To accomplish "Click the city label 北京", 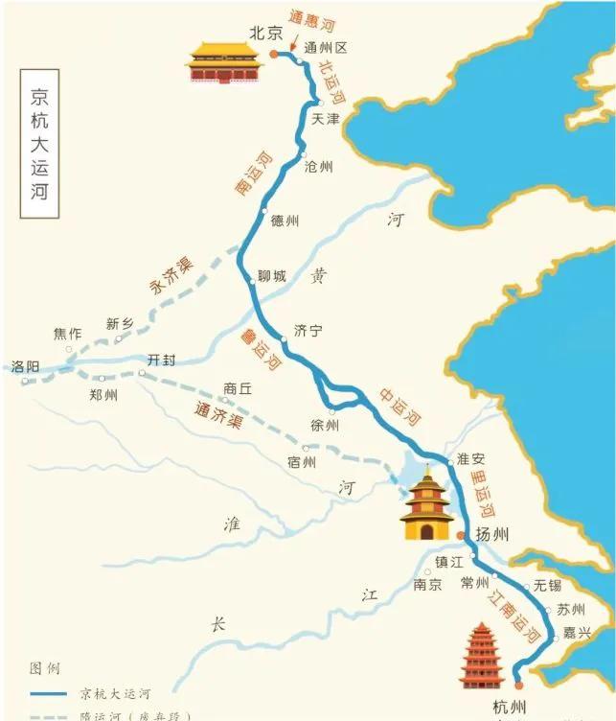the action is pyautogui.click(x=266, y=33).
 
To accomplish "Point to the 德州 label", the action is pyautogui.click(x=285, y=221).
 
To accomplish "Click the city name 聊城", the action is pyautogui.click(x=272, y=277).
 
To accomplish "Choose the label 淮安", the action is pyautogui.click(x=471, y=458).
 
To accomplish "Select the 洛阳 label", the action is pyautogui.click(x=25, y=366).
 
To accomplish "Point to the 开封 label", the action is pyautogui.click(x=162, y=361).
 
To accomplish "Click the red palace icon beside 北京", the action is pyautogui.click(x=224, y=62).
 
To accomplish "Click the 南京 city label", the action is pyautogui.click(x=427, y=584).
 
